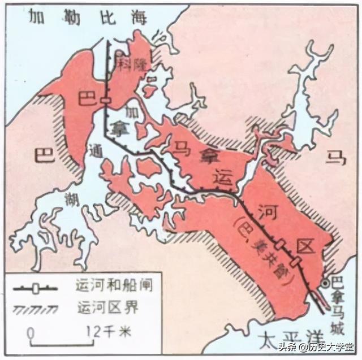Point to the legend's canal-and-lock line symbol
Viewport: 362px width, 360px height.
(35, 288)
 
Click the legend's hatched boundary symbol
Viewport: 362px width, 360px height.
(35, 309)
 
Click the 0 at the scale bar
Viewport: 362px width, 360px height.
(31, 330)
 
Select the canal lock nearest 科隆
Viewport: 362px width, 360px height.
(105, 101)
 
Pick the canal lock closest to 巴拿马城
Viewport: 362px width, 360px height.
(294, 261)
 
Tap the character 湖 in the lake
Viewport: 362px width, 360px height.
(71, 198)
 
